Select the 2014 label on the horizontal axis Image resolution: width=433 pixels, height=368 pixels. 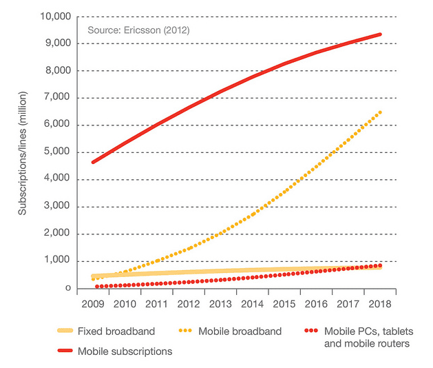pyautogui.click(x=252, y=304)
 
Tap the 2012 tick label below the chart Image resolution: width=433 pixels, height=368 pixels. pyautogui.click(x=188, y=304)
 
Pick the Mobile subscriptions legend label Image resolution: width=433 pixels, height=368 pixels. pyautogui.click(x=125, y=351)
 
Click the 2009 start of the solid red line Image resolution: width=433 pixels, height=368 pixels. pyautogui.click(x=92, y=162)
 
